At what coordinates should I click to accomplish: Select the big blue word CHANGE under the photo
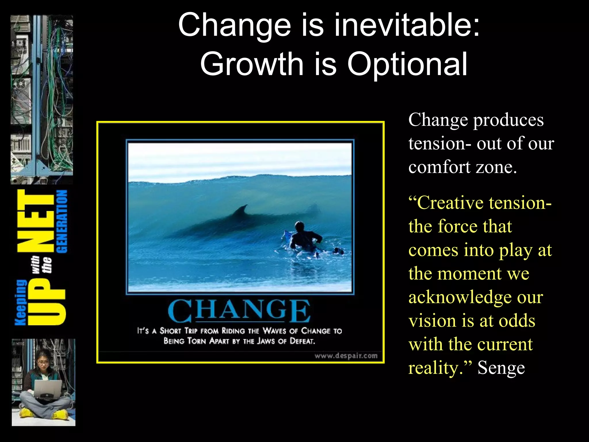(239, 311)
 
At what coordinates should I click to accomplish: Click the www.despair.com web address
(346, 356)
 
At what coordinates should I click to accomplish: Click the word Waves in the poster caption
(275, 331)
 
